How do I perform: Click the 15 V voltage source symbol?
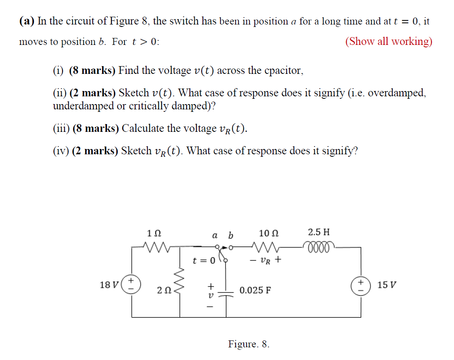click(x=361, y=284)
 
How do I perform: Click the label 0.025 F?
click(x=255, y=291)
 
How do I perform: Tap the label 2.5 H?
click(x=319, y=233)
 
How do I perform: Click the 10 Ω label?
click(x=269, y=233)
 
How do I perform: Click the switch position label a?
click(x=215, y=235)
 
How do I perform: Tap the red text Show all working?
click(x=389, y=41)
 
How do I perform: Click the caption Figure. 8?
click(x=249, y=344)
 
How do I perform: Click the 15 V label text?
click(x=387, y=284)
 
